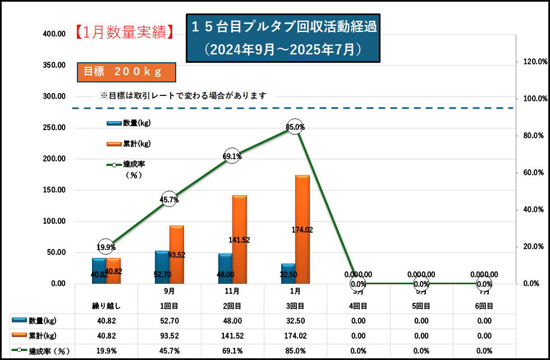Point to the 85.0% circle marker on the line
(295, 127)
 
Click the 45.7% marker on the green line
(169, 200)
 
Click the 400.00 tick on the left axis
(54, 34)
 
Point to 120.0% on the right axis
(530, 61)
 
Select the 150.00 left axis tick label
(54, 190)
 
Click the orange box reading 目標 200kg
(127, 72)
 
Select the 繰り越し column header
(106, 306)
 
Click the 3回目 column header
(295, 306)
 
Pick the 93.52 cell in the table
(169, 336)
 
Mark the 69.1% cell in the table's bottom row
(232, 351)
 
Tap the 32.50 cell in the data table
(295, 321)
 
